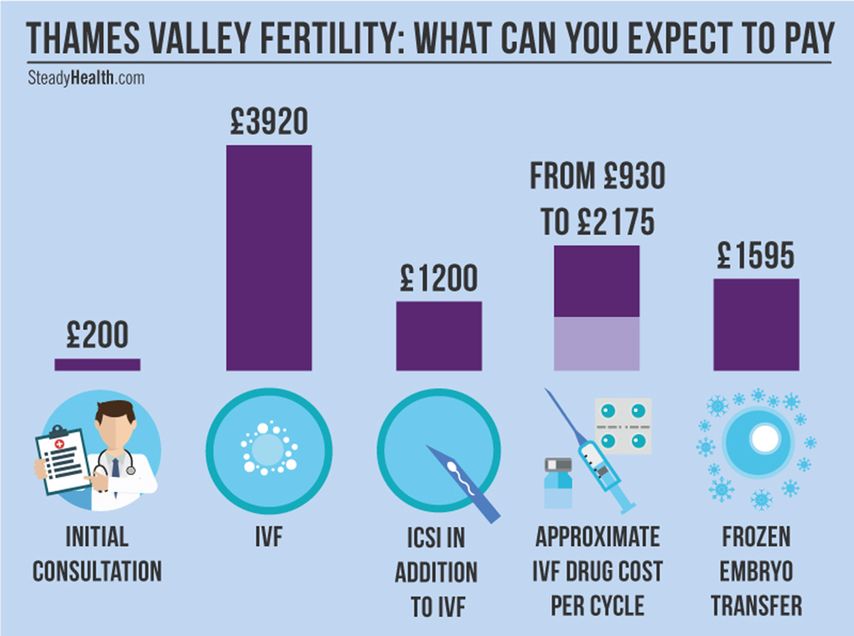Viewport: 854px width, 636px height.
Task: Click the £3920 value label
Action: tap(268, 122)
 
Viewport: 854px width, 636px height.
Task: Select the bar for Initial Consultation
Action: tap(97, 364)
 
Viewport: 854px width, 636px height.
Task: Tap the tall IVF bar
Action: tap(268, 258)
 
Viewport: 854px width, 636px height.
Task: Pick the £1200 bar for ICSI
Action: tap(439, 336)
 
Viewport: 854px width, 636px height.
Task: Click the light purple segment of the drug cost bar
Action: tap(596, 344)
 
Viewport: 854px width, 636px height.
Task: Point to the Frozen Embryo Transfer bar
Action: tap(756, 324)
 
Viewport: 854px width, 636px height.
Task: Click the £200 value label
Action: tap(97, 335)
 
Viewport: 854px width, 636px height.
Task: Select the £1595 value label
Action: tap(756, 256)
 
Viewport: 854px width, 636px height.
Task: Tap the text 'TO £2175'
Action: tap(596, 223)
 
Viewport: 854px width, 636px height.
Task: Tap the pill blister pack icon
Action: tap(622, 425)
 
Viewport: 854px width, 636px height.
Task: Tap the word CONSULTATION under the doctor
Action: tap(97, 571)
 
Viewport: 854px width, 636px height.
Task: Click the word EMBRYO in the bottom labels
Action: tap(757, 571)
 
